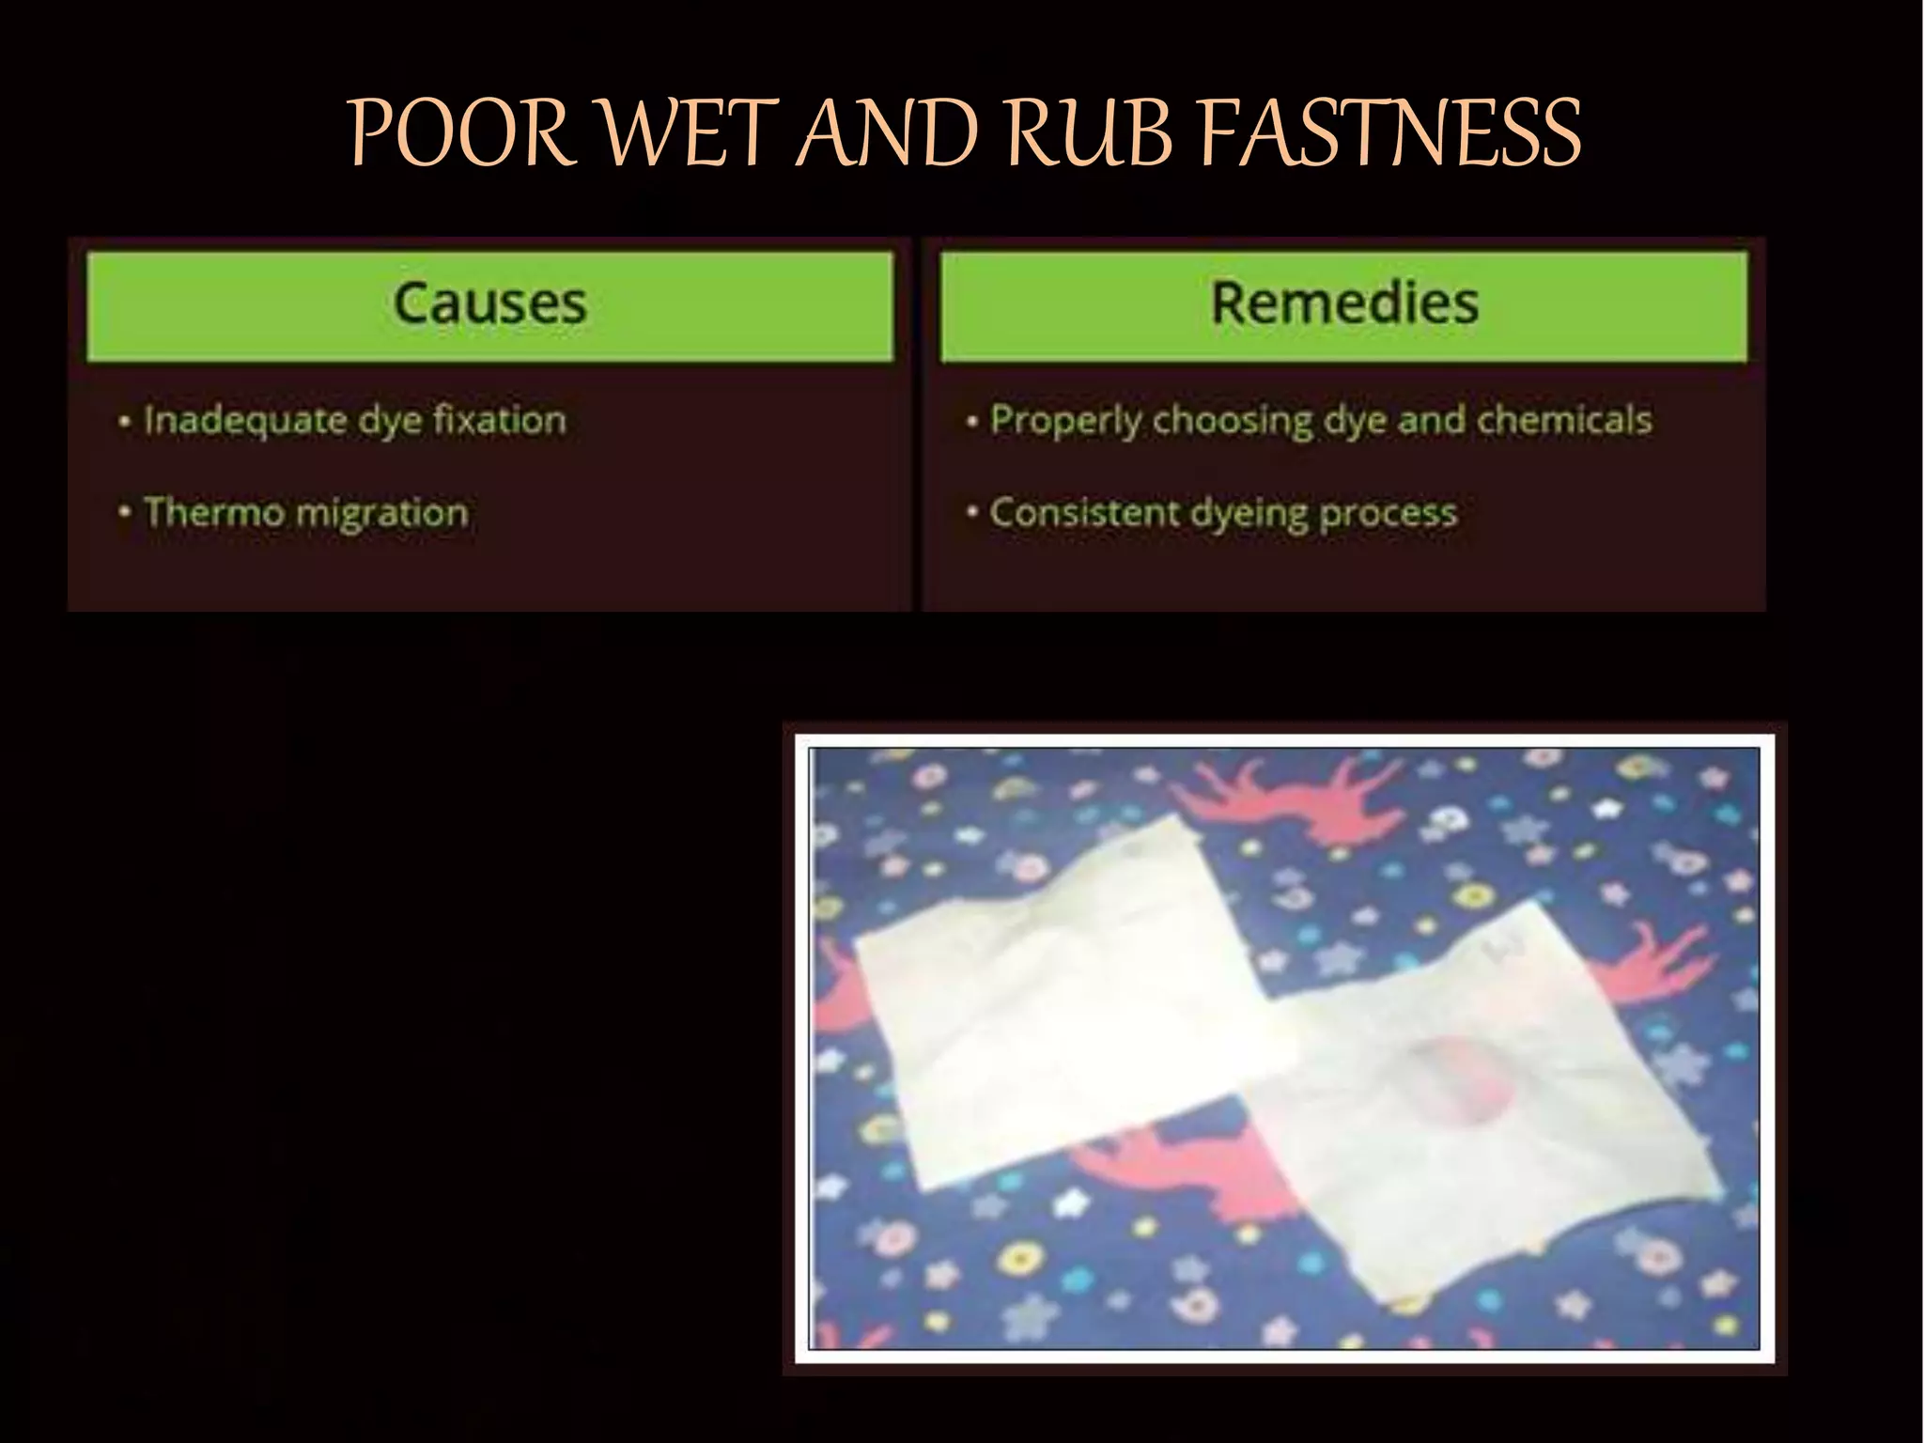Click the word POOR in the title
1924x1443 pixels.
(460, 133)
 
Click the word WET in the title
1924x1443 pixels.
(690, 133)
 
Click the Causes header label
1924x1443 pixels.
(489, 303)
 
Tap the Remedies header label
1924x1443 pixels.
(1344, 303)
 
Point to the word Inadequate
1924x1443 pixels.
(244, 420)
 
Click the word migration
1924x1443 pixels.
(380, 513)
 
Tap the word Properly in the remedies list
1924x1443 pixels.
(1065, 421)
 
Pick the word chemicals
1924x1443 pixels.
(1563, 420)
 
